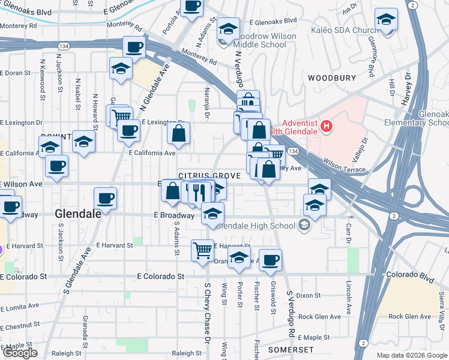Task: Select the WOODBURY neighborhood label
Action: pos(328,78)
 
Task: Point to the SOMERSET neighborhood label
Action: pos(291,349)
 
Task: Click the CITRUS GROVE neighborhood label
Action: pos(209,176)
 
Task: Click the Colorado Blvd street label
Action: pos(409,275)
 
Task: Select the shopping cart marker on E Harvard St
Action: pos(202,250)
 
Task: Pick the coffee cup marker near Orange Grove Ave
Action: pos(270,259)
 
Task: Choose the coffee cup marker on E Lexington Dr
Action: pos(128,131)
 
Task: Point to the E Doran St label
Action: pos(15,73)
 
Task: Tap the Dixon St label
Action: pos(309,295)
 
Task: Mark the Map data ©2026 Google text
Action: pos(411,355)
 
